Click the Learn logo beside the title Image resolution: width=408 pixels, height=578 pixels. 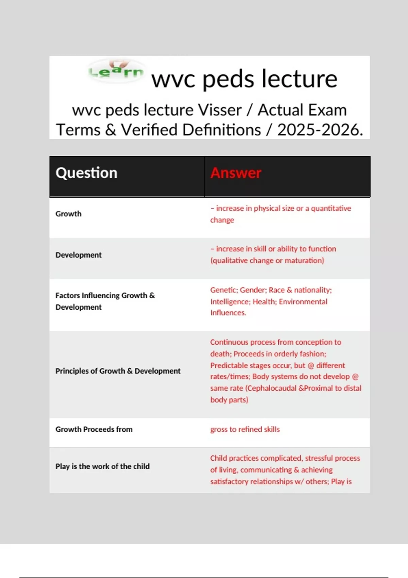[116, 71]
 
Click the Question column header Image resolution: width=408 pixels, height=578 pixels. [86, 173]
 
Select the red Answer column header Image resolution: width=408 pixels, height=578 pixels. [236, 173]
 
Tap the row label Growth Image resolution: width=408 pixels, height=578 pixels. [68, 214]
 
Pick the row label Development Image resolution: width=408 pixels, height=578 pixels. [78, 255]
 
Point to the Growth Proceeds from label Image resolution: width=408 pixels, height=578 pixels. [94, 429]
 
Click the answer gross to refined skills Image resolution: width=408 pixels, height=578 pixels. [245, 429]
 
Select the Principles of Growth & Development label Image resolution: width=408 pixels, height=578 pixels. [118, 371]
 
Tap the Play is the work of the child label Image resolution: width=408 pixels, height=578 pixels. [102, 466]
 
